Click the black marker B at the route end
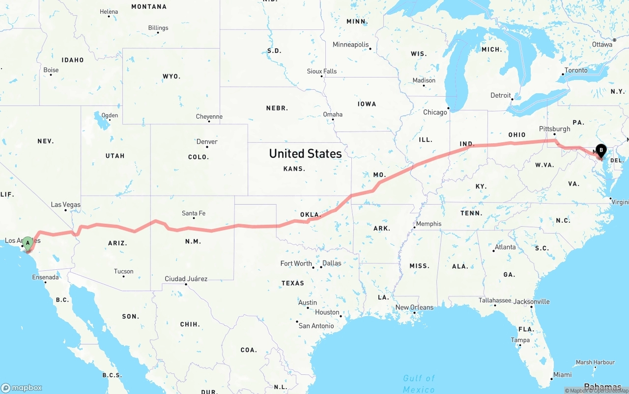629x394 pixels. [600, 150]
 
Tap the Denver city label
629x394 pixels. [207, 142]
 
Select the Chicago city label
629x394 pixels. [435, 112]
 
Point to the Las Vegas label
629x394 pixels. [65, 205]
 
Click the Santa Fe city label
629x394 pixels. [194, 213]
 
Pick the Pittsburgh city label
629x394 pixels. [555, 129]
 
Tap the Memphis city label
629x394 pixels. [429, 224]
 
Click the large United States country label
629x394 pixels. [305, 154]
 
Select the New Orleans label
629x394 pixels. [414, 308]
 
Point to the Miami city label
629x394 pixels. [562, 375]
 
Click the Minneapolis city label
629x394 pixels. [350, 45]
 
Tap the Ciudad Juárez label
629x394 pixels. [186, 279]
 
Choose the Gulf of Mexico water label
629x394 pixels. [419, 383]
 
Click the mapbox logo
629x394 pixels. [22, 388]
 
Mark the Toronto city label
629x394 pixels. [576, 71]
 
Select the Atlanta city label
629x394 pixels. [505, 247]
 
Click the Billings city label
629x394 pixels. [158, 28]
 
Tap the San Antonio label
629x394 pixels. [316, 326]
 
